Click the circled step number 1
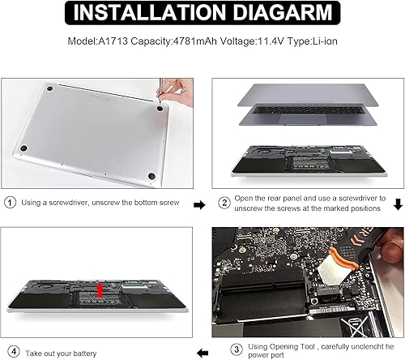click(10, 203)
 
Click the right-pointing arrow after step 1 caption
click(199, 206)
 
